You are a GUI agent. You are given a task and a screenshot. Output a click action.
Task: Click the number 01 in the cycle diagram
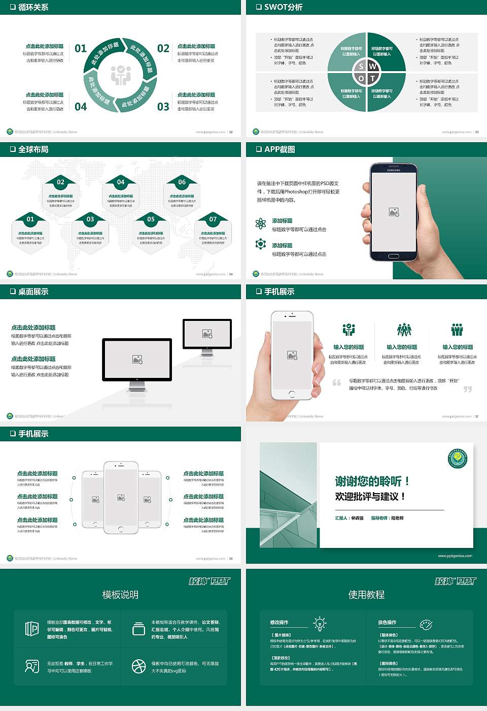tap(81, 48)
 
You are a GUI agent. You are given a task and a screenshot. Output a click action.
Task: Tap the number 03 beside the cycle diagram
tap(163, 107)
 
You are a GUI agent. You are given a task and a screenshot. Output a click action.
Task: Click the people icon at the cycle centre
tap(121, 75)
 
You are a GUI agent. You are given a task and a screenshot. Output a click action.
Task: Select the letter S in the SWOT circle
tap(361, 66)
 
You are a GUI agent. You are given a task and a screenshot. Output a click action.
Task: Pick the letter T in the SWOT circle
tap(372, 78)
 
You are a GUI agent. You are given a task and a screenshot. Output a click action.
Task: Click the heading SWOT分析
tap(283, 7)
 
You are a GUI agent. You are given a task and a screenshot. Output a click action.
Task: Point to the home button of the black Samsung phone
tap(394, 256)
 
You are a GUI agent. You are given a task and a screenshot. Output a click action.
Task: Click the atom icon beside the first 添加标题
tap(261, 223)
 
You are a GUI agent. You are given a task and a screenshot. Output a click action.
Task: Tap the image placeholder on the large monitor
tap(137, 359)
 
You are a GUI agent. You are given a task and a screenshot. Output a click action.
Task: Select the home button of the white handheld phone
tap(291, 394)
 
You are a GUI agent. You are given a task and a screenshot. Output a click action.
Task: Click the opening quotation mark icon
tap(337, 382)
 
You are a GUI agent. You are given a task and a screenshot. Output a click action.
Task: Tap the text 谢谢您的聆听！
tap(372, 481)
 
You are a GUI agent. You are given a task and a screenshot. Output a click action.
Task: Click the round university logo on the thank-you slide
tap(458, 458)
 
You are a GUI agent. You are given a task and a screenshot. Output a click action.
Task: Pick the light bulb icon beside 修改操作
tap(320, 623)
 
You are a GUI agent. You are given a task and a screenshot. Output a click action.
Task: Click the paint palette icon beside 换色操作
tap(426, 624)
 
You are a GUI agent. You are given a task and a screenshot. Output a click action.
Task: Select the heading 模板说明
tap(120, 595)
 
